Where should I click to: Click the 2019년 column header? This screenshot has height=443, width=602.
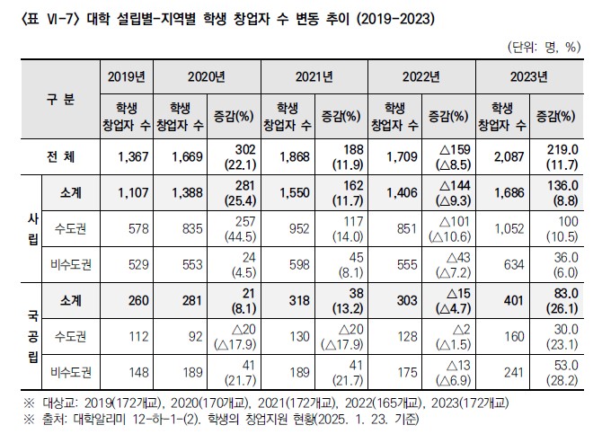click(x=125, y=76)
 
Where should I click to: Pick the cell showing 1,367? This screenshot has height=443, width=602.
click(x=125, y=156)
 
